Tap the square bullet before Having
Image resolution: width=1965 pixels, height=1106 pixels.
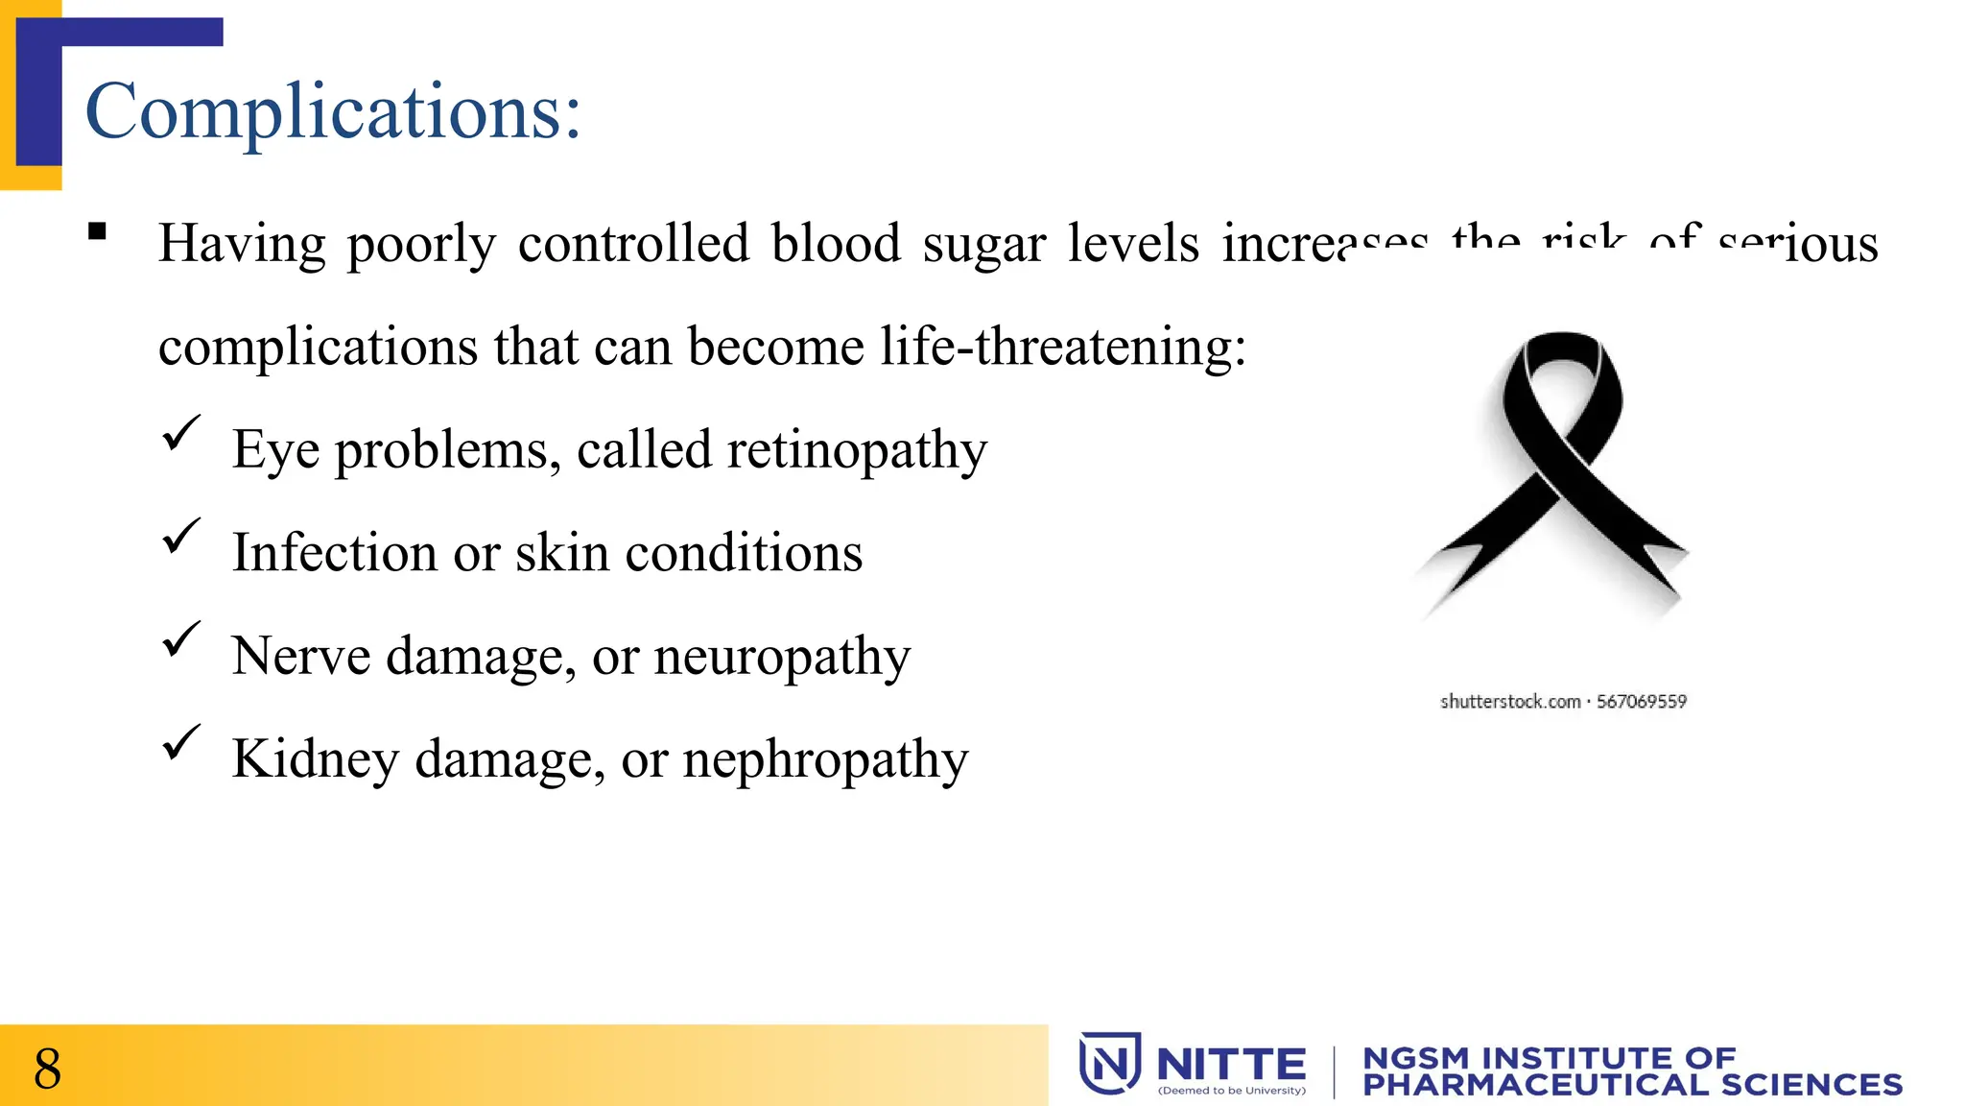pos(97,231)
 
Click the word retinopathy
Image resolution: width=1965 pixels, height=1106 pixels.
pos(856,451)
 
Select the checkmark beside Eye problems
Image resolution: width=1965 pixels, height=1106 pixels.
pos(180,433)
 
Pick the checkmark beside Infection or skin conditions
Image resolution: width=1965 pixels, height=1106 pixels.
pos(180,536)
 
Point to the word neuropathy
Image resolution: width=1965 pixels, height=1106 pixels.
pos(781,658)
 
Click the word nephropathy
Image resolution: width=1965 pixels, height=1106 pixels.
pos(825,760)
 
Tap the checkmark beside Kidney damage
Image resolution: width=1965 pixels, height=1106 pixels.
pos(180,742)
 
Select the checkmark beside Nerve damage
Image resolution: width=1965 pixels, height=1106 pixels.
pos(180,639)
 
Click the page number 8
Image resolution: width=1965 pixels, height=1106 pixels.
pos(47,1069)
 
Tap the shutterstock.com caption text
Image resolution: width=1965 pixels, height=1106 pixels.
pos(1562,702)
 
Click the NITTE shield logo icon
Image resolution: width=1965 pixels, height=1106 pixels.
pos(1110,1063)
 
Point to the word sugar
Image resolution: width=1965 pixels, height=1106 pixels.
pos(983,244)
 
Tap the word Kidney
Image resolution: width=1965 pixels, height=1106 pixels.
pos(315,760)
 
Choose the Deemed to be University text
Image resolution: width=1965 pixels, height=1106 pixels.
pos(1231,1091)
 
